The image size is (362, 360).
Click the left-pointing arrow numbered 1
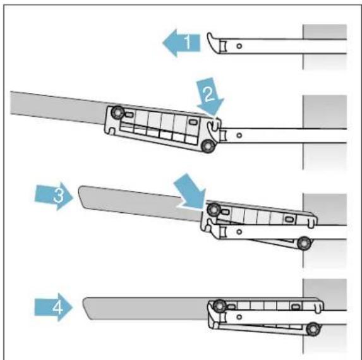[180, 43]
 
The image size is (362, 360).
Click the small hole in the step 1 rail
[239, 46]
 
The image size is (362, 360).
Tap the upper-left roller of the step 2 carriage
[117, 114]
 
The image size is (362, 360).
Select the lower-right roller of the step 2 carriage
[206, 147]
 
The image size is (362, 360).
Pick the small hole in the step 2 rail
[239, 134]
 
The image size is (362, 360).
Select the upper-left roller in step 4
[219, 304]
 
